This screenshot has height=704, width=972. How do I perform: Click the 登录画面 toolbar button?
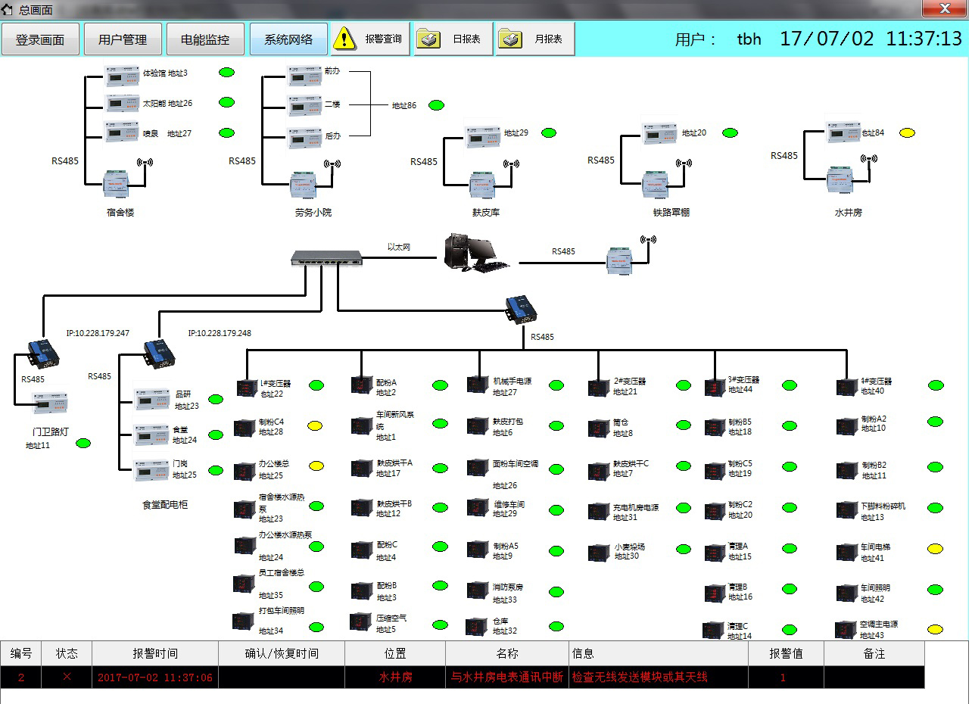[x=40, y=39]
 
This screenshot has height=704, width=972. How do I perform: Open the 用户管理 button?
[x=123, y=39]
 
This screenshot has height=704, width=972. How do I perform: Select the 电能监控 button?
[x=206, y=39]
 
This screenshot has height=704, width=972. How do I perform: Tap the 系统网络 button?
[x=288, y=39]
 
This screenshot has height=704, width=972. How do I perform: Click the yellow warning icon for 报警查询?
[x=344, y=39]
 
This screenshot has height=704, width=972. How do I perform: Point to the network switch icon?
[x=326, y=257]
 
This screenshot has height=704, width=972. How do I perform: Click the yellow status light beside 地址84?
[x=907, y=133]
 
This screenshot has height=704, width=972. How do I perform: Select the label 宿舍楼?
[x=120, y=213]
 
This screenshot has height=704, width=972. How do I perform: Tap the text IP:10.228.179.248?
[x=220, y=333]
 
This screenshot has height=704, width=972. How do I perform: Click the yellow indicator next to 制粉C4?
[x=316, y=426]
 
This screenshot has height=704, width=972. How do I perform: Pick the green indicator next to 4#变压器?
[x=936, y=385]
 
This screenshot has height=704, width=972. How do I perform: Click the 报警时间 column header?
[x=155, y=653]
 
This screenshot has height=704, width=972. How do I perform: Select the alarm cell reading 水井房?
[x=395, y=678]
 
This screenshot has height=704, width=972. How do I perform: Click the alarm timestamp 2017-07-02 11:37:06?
[x=154, y=678]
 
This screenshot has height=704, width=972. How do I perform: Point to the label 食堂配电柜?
[x=165, y=504]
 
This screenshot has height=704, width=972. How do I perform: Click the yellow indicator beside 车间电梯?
[x=936, y=549]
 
